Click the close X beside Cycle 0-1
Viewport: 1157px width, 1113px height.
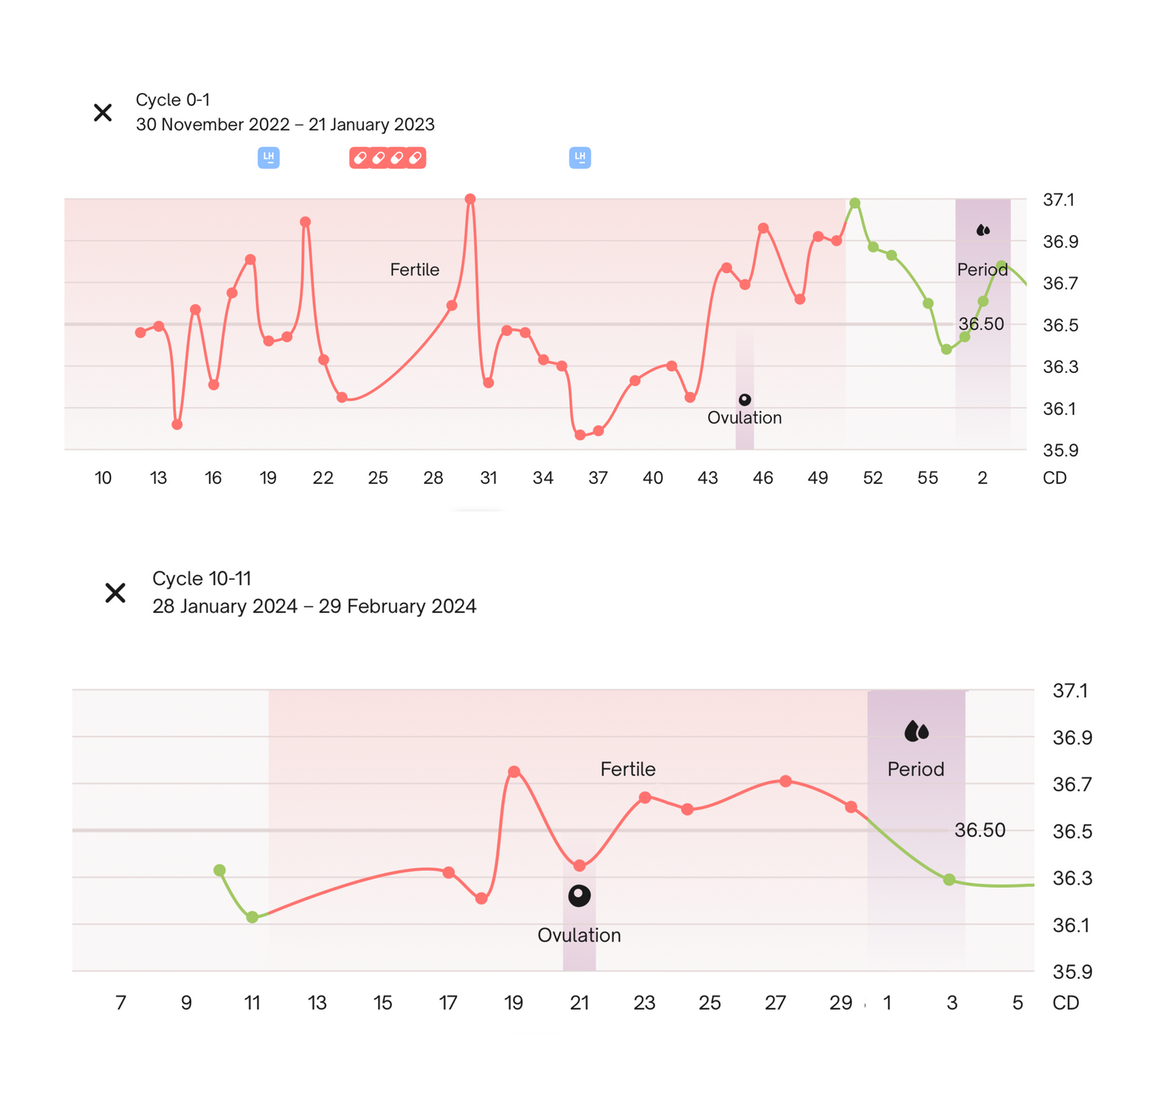[x=103, y=113]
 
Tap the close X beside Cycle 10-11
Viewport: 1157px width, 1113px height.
[x=115, y=593]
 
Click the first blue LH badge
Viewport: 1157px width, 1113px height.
[x=268, y=158]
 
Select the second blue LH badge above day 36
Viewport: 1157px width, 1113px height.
[x=580, y=158]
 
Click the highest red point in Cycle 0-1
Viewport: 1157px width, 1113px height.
[x=471, y=199]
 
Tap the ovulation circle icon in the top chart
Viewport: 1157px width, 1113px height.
[x=744, y=400]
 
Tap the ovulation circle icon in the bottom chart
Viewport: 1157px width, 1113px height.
[x=579, y=896]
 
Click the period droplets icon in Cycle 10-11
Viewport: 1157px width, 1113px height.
[x=916, y=731]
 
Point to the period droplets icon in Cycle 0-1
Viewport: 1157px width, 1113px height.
[x=983, y=230]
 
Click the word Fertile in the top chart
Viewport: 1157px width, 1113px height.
[x=414, y=270]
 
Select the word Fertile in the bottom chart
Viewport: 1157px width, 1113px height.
[x=628, y=769]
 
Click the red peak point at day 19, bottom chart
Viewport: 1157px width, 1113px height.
[x=514, y=772]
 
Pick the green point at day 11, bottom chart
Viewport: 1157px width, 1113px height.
[x=252, y=917]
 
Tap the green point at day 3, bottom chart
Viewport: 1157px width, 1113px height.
[x=950, y=879]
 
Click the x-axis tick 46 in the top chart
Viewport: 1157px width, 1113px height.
[x=763, y=478]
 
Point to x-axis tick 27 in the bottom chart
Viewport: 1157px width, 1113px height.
[x=775, y=1003]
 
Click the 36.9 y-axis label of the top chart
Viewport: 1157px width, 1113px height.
[x=1060, y=242]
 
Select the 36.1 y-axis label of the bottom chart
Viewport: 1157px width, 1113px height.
[x=1071, y=925]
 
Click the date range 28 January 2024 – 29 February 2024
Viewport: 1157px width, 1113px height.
[x=314, y=607]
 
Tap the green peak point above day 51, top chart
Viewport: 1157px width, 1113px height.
[x=855, y=203]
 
